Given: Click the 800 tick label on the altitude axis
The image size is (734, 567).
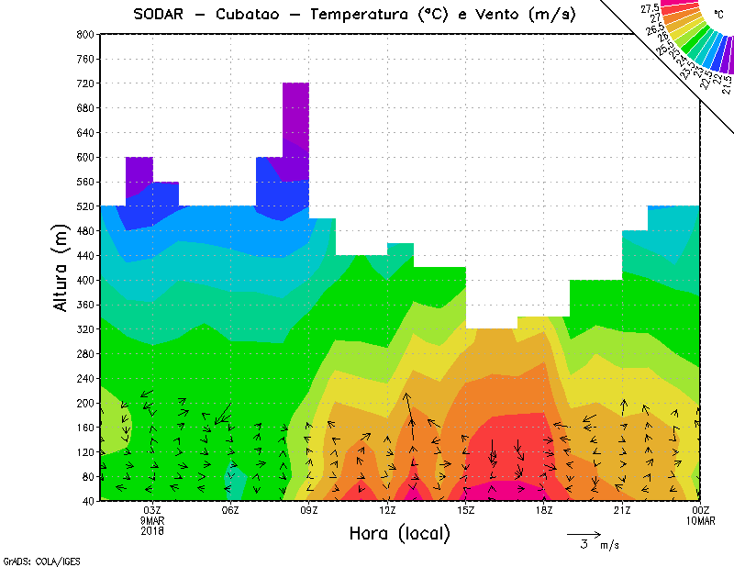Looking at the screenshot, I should pos(84,34).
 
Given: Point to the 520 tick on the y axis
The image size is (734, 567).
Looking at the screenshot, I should pos(84,206).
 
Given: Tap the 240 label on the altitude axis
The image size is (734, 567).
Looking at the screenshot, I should pos(84,378).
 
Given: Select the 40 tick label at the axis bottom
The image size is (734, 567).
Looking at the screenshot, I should pos(87,501).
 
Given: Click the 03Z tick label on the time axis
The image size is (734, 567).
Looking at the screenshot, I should pos(152,511).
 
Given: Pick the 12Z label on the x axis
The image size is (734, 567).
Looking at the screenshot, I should pos(387,511).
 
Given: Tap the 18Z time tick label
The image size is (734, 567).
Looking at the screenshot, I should pos(544,511).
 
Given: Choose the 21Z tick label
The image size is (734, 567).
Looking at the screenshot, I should pos(622,511).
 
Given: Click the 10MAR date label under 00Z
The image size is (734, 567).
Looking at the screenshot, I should pos(701,521).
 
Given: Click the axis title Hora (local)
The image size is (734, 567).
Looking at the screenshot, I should pos(400,534).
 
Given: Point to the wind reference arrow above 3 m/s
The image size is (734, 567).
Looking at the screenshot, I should pos(584,533).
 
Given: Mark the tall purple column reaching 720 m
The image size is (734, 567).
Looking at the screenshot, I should pos(295,119).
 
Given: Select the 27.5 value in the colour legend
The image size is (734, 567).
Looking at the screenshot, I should pos(651,9).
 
